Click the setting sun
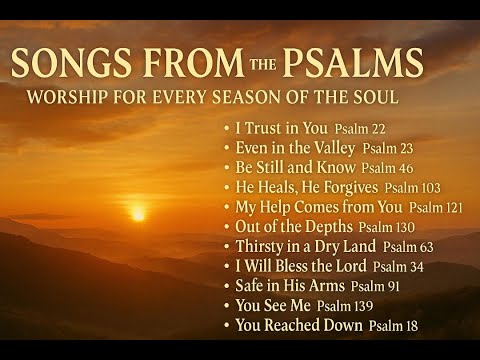coord(138,213)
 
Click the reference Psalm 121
coord(440,207)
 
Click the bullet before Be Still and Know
coord(227,168)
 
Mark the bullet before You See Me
coord(227,305)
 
